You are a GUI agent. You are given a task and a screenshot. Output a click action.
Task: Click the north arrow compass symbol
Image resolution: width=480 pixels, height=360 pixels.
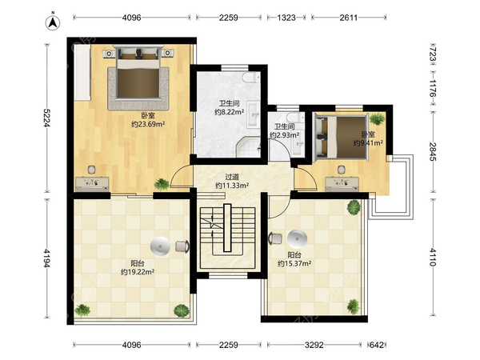coord(53,22)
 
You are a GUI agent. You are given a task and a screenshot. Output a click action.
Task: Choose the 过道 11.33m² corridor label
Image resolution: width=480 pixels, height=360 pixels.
coord(232,181)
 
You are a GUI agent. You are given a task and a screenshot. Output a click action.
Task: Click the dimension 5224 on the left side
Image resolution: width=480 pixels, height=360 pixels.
coord(46,118)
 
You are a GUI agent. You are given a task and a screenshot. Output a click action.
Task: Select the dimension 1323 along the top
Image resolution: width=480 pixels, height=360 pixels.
coord(286,18)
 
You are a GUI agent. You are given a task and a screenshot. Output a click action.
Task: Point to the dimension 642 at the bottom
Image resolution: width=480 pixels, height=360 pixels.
coord(377,345)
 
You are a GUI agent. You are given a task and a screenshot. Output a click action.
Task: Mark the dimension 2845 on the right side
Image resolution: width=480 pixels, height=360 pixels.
coord(432,152)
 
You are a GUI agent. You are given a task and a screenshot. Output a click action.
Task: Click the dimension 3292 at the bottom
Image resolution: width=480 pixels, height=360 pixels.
coord(314,345)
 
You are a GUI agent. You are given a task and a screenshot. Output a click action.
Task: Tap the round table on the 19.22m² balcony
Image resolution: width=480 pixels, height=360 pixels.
coord(160,246)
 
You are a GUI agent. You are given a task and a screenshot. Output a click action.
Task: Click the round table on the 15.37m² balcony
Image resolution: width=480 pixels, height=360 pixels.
coord(297,239)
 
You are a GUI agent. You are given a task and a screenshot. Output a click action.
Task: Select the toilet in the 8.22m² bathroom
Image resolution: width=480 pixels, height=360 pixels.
coord(251,77)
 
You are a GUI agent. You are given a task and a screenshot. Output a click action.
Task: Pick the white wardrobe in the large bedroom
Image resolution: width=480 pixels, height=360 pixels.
coord(82,72)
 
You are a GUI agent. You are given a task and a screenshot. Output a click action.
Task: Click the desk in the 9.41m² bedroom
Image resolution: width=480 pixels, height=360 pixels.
coord(342,183)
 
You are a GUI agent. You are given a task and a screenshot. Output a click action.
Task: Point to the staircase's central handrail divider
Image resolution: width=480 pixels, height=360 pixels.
coord(227,228)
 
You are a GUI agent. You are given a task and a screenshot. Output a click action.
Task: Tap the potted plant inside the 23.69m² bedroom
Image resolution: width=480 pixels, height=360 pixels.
coord(162,184)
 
